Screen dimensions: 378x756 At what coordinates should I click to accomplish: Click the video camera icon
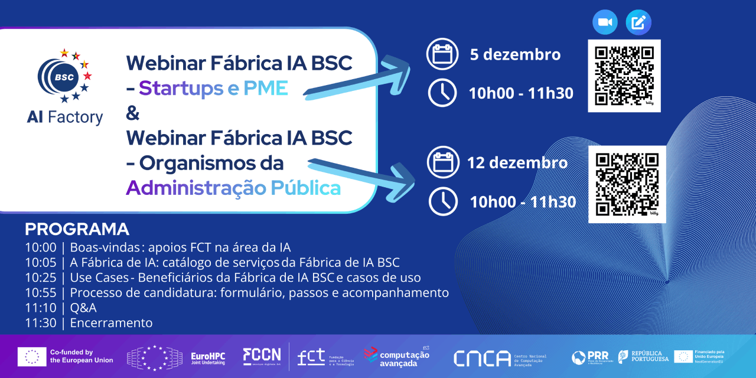point(605,22)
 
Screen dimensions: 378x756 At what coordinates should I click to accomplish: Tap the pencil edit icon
point(638,22)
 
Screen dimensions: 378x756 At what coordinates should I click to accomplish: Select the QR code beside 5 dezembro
point(624,75)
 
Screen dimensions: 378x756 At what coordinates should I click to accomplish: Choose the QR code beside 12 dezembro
point(627,184)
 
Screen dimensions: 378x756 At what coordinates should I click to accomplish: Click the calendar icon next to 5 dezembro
point(442,55)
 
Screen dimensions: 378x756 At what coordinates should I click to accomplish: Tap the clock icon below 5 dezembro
point(442,93)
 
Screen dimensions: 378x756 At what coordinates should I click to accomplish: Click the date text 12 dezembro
point(517,162)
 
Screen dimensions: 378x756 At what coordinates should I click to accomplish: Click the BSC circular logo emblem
point(64,76)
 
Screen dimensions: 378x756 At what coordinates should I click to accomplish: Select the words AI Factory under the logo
point(64,118)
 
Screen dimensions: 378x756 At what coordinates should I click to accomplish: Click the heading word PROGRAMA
point(77,229)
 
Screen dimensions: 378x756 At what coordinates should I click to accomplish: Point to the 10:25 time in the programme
point(41,278)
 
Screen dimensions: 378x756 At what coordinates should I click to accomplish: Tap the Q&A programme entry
point(83,308)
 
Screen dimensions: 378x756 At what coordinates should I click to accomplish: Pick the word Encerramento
point(111,323)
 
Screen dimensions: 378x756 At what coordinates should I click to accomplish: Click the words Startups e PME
point(213,89)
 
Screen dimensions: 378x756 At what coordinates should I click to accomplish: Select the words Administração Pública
point(233,188)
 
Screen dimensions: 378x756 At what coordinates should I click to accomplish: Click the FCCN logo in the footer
point(262,356)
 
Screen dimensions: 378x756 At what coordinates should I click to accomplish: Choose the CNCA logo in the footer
point(482,358)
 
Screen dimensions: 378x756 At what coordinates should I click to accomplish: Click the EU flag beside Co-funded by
point(32,356)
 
